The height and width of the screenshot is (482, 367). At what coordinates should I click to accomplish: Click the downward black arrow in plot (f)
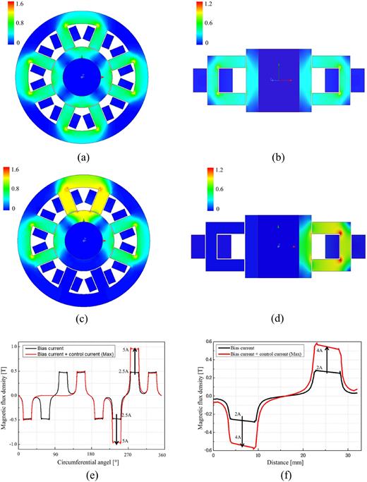[242, 427]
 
